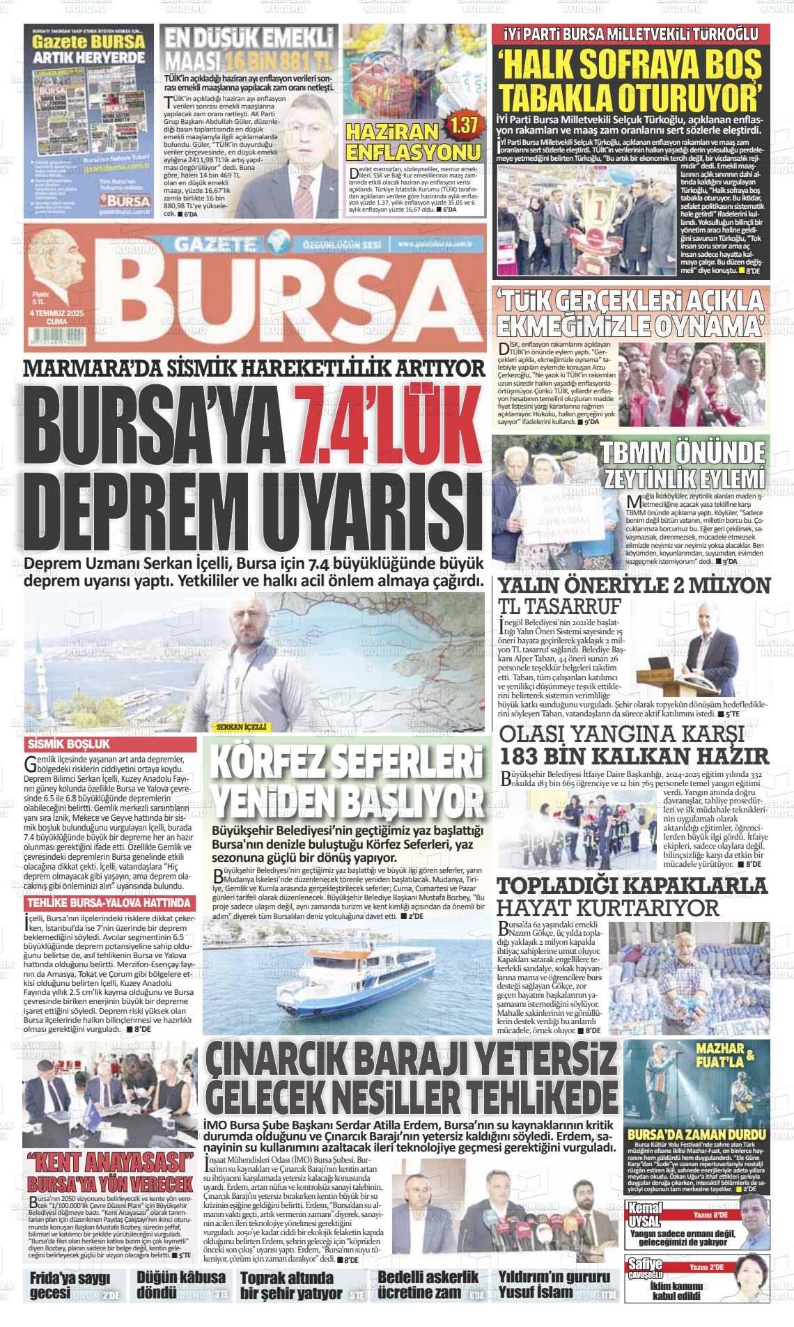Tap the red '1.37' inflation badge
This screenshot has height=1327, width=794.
[x=464, y=126]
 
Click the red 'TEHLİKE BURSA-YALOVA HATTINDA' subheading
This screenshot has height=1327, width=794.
[x=108, y=903]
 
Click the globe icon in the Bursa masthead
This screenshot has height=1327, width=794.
[x=281, y=245]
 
